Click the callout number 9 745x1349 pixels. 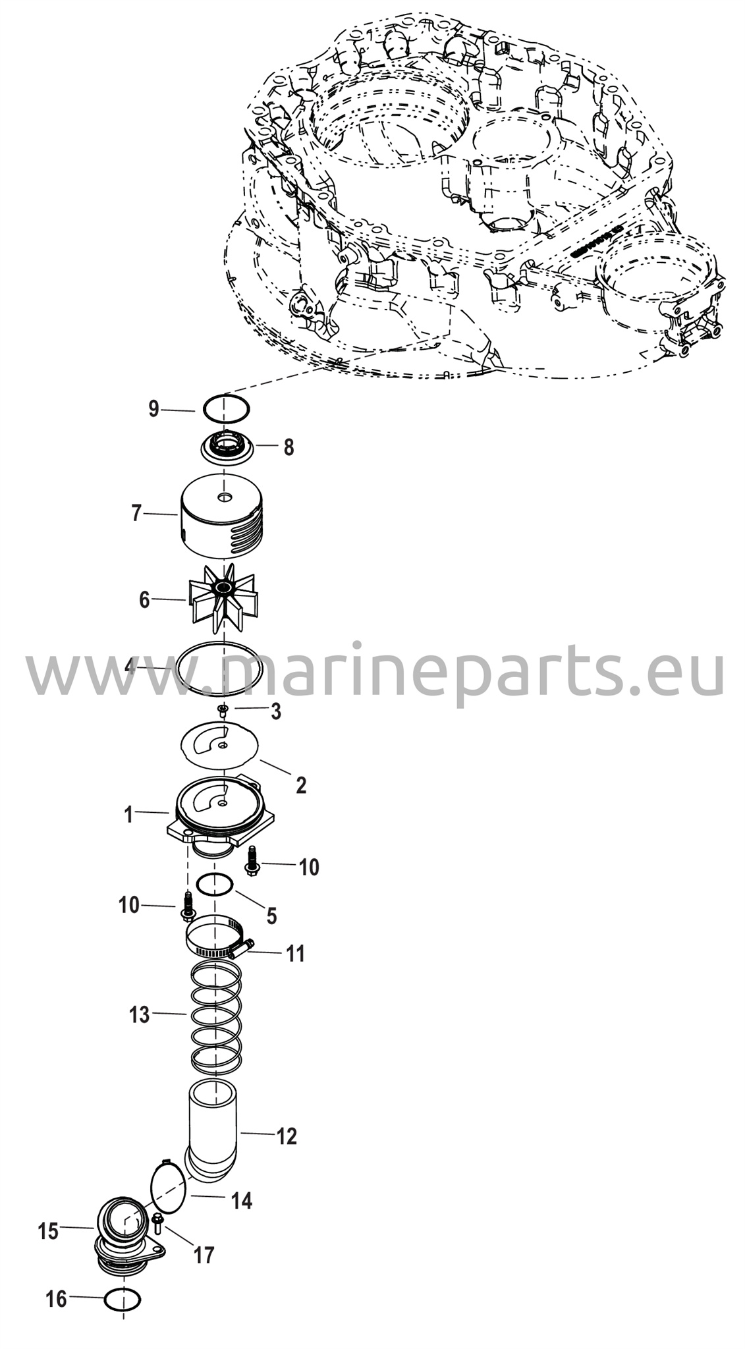coord(153,410)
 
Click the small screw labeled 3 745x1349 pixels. coord(223,709)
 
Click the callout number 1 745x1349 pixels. coord(129,815)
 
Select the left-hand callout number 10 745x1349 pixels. coord(129,905)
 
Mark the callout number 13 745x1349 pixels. coord(140,1015)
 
